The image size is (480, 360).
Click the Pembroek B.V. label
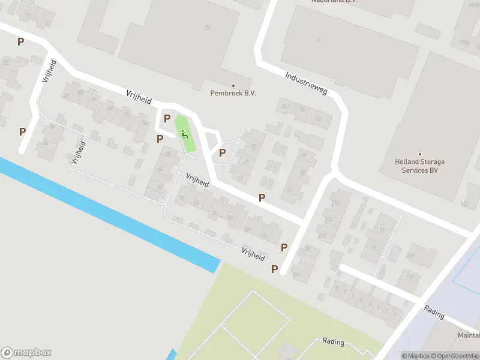233,93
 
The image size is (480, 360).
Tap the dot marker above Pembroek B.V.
233,85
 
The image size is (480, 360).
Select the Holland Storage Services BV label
420,166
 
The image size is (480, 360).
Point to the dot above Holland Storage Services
420,154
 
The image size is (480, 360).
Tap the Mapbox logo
26,353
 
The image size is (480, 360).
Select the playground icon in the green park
184,134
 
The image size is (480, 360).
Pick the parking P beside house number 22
21,42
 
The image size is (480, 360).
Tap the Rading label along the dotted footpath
333,342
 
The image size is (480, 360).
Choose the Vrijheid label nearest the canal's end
253,254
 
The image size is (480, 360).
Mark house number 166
410,276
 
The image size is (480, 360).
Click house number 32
319,119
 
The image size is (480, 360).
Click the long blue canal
108,214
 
